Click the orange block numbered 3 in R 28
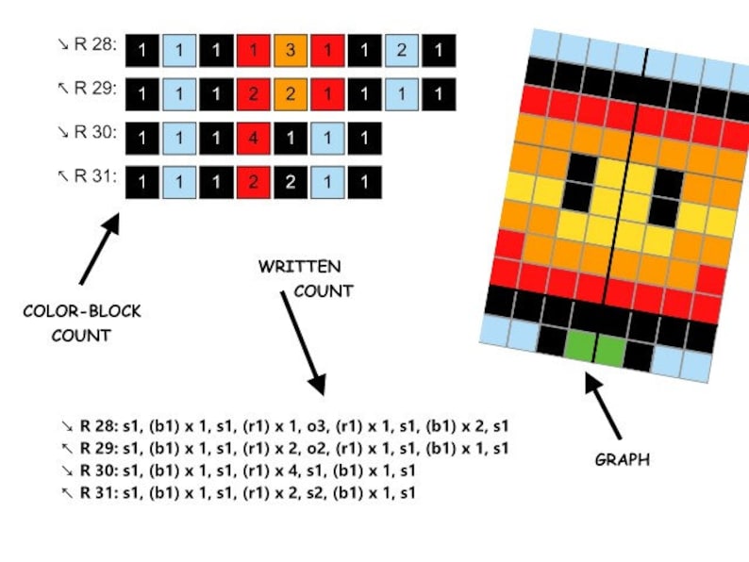click(291, 51)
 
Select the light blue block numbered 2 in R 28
click(402, 51)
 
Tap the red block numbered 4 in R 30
click(254, 139)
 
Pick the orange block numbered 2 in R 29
click(291, 94)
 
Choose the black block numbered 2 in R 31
click(291, 182)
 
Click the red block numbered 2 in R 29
click(254, 94)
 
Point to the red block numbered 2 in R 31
click(254, 182)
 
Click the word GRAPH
click(623, 460)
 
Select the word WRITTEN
click(299, 267)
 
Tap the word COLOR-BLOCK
click(82, 311)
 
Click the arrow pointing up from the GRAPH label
click(603, 405)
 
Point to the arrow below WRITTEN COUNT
click(304, 343)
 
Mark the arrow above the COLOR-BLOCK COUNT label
click(99, 249)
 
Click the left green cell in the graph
click(580, 346)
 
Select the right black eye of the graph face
click(666, 197)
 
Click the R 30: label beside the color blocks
click(95, 132)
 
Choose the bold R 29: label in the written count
click(99, 448)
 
